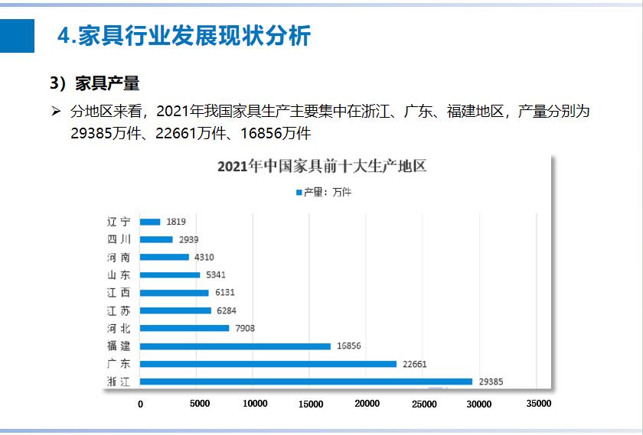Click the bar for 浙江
click(306, 381)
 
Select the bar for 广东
click(268, 364)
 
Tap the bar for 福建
click(235, 346)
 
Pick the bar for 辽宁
click(150, 222)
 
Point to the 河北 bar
click(184, 328)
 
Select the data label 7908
click(244, 328)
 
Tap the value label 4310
click(204, 257)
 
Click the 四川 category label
click(119, 239)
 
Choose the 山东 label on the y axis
click(119, 275)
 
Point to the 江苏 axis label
click(119, 310)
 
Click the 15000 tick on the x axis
click(310, 404)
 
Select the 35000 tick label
click(537, 404)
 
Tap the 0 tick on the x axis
click(140, 404)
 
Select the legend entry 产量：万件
click(323, 193)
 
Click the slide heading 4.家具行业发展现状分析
click(184, 36)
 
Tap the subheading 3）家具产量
click(95, 83)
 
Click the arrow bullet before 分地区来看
click(56, 112)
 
